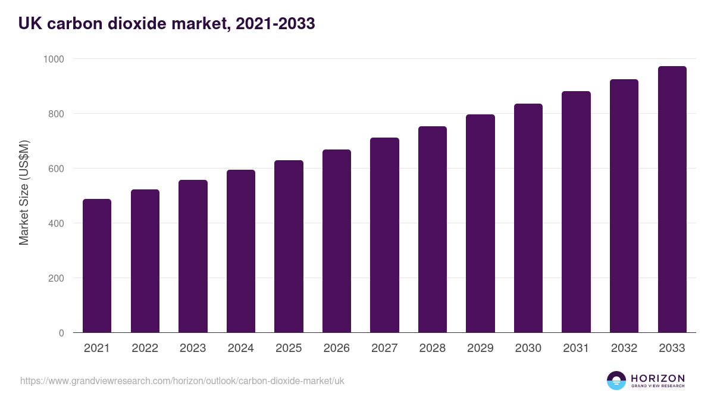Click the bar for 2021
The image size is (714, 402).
(97, 266)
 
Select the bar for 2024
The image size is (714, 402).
(241, 251)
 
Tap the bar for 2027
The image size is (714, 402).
(384, 235)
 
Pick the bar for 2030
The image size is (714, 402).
(528, 218)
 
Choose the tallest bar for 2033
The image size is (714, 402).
(672, 200)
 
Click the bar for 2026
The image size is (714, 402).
(337, 241)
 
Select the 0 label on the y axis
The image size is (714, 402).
(61, 333)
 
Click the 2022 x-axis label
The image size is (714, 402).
(145, 348)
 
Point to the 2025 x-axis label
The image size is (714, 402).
(289, 348)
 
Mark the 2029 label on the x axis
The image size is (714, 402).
(480, 348)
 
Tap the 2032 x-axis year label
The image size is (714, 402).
(624, 348)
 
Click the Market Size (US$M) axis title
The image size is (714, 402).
(24, 192)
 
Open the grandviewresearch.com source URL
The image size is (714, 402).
(182, 381)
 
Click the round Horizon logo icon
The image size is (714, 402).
(616, 381)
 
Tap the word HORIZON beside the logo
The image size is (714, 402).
(657, 378)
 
